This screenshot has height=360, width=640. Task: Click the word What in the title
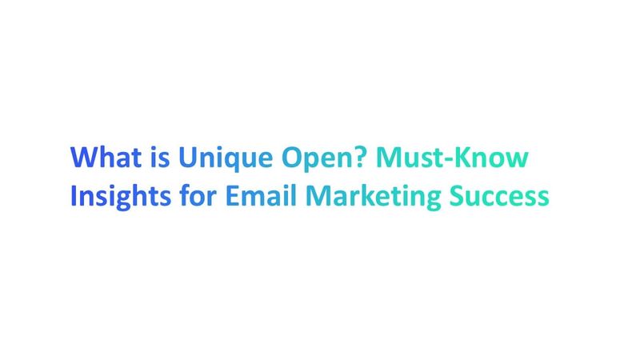(102, 157)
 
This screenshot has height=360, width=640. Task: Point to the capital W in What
(84, 157)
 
